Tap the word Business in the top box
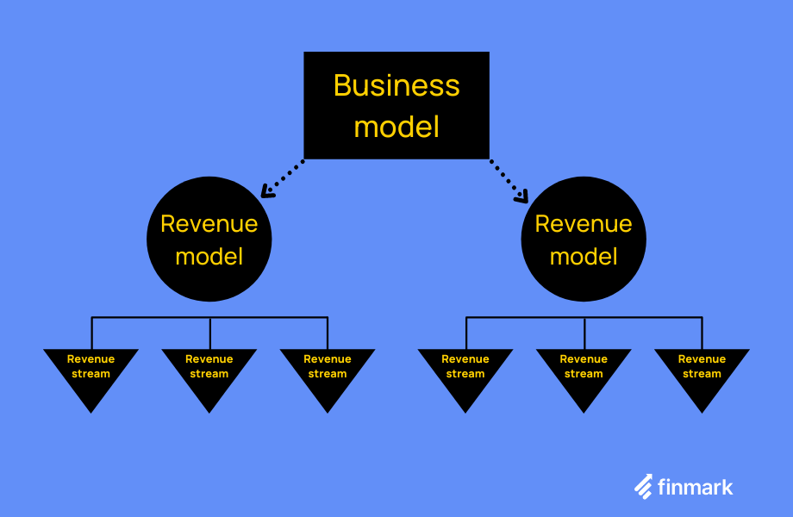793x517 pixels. point(396,85)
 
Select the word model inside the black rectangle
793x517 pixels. point(396,127)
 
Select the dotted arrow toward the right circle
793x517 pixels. point(507,179)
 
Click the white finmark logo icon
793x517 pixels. point(643,487)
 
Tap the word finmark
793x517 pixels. point(695,487)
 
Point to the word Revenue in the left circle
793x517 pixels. point(209,224)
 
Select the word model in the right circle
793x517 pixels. point(584,257)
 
